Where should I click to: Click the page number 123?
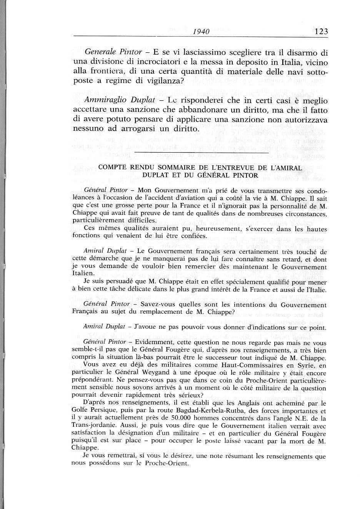(321, 32)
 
